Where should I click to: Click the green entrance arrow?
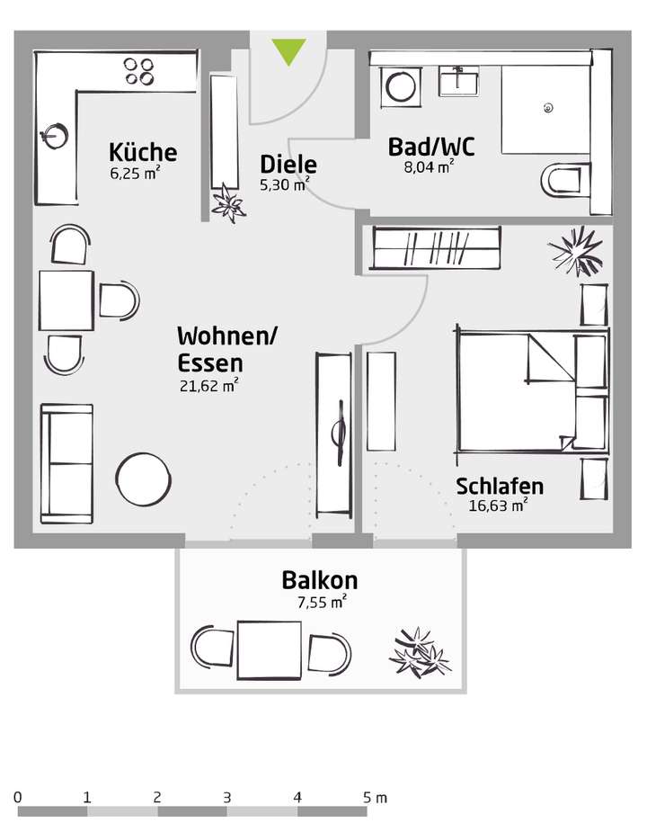pyautogui.click(x=289, y=51)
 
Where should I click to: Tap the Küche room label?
pyautogui.click(x=143, y=151)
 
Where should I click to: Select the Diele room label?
pyautogui.click(x=288, y=165)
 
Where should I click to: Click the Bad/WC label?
pyautogui.click(x=430, y=147)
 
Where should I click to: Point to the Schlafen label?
pyautogui.click(x=500, y=487)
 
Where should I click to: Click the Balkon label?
pyautogui.click(x=319, y=580)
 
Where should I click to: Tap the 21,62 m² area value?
pyautogui.click(x=208, y=387)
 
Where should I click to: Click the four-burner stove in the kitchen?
pyautogui.click(x=139, y=71)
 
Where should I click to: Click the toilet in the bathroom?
pyautogui.click(x=563, y=180)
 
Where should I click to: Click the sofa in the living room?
pyautogui.click(x=67, y=463)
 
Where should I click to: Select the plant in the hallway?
pyautogui.click(x=227, y=201)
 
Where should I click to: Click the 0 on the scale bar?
pyautogui.click(x=19, y=797)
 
